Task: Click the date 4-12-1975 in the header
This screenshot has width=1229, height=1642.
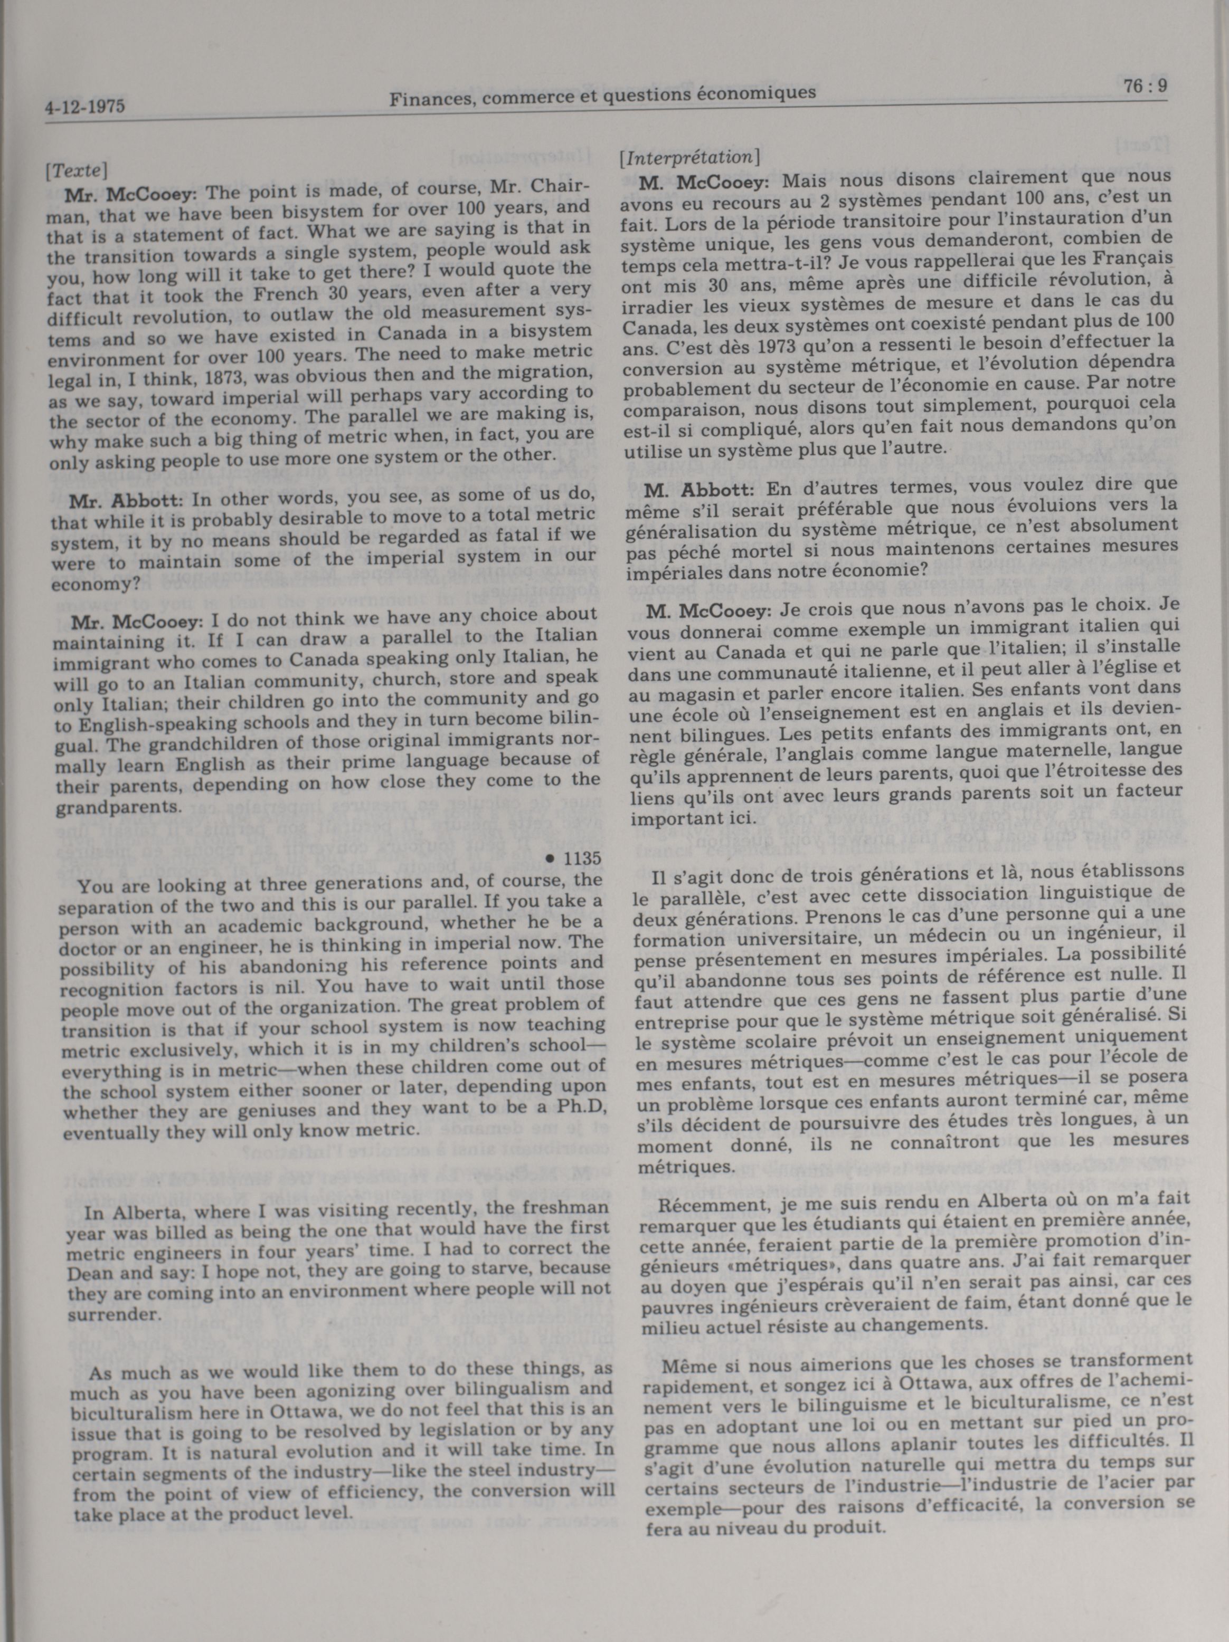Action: [x=84, y=107]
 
